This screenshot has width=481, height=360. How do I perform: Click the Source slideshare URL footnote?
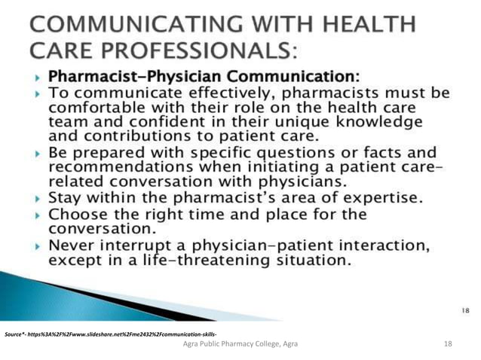[x=112, y=332]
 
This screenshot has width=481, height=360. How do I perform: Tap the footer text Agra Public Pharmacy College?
[x=240, y=343]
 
